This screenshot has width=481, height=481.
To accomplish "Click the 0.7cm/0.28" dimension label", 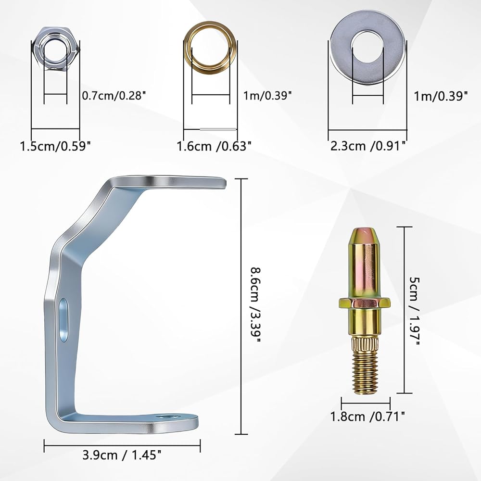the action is tap(113, 96).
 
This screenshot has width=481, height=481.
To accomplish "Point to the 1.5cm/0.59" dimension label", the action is tap(55, 146).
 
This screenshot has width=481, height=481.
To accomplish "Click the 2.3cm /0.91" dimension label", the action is tap(368, 146).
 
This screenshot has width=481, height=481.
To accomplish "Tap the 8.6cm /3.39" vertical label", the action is tap(255, 305).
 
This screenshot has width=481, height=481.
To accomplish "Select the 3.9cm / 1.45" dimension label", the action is tap(122, 455).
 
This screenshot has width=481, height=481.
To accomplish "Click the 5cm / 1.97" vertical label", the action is tap(414, 310).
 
